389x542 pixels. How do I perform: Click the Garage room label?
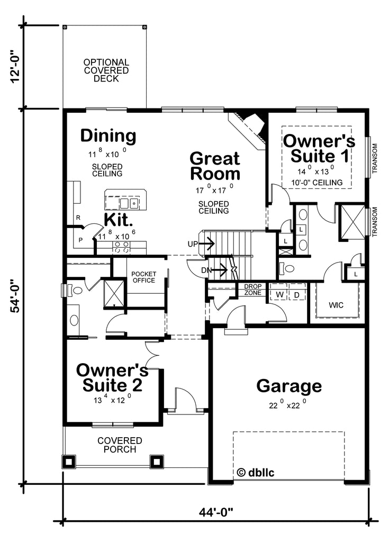point(289,386)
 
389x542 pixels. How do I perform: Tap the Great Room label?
point(215,166)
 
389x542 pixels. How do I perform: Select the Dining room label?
point(108,136)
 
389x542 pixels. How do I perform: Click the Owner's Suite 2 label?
point(111,377)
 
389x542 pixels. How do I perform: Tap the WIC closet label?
point(336,305)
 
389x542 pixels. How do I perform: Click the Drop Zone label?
point(252,290)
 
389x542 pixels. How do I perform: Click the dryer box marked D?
point(297,294)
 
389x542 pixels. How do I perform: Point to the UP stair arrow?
point(207,244)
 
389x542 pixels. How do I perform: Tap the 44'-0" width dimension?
point(216,512)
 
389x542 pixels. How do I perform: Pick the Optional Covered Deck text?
point(106,70)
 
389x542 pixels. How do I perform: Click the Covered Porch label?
point(120,445)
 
